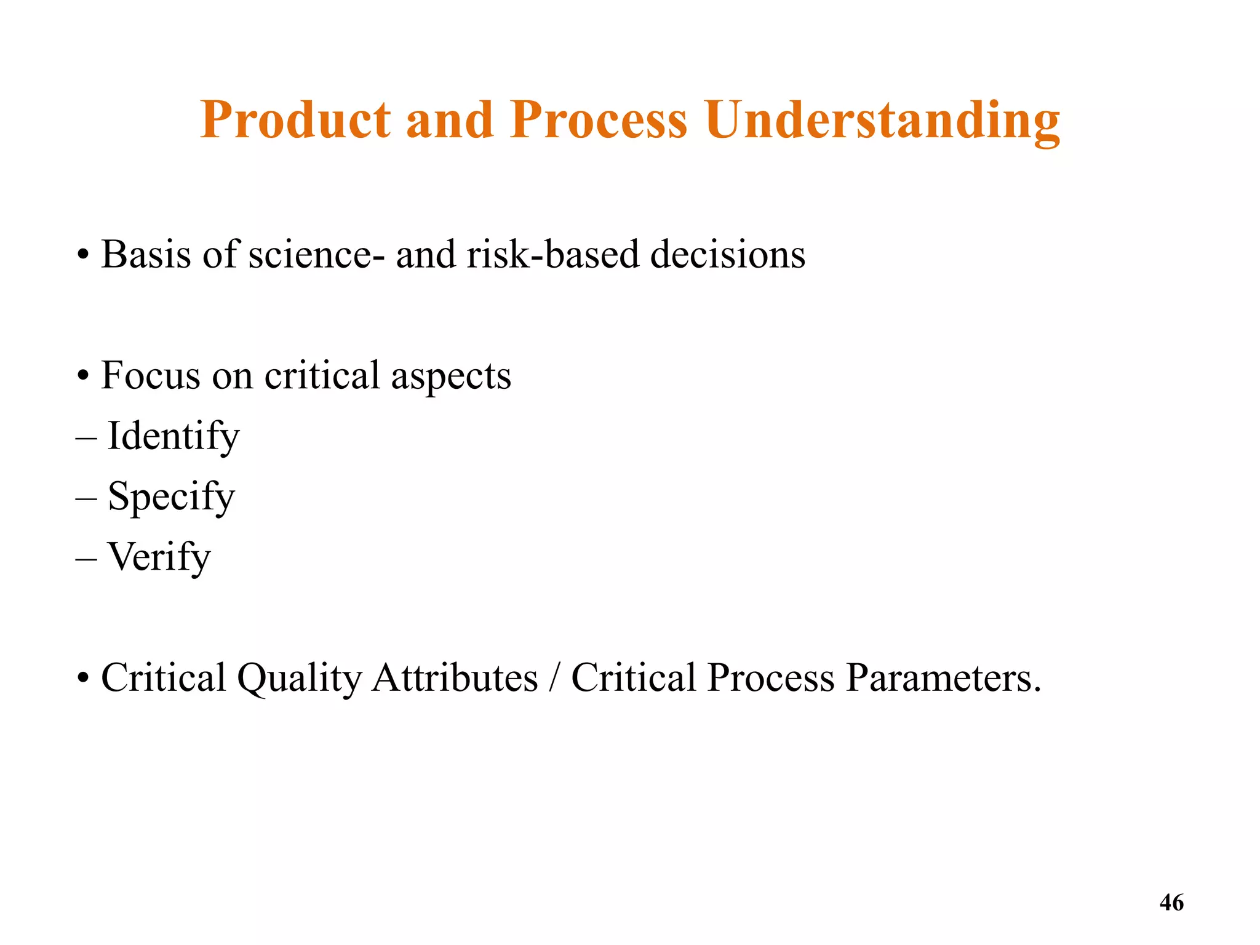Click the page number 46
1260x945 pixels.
pyautogui.click(x=1171, y=903)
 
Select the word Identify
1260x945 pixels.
pyautogui.click(x=173, y=436)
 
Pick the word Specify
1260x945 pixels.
pyautogui.click(x=171, y=496)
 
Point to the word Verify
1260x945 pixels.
pyautogui.click(x=159, y=557)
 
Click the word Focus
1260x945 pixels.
pyautogui.click(x=150, y=375)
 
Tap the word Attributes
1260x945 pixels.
pyautogui.click(x=455, y=677)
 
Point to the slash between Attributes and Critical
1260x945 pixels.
pyautogui.click(x=554, y=678)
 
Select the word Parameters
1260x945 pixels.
pyautogui.click(x=943, y=678)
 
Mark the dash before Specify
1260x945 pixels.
pyautogui.click(x=86, y=498)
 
